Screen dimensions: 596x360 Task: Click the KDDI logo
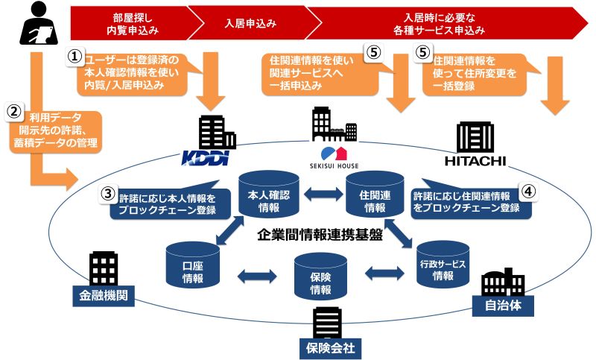(x=206, y=158)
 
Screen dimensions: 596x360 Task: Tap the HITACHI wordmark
(x=475, y=161)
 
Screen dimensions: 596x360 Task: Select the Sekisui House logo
(x=334, y=158)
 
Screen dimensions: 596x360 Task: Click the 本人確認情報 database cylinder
(x=269, y=194)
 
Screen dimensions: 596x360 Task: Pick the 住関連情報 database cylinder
(x=375, y=194)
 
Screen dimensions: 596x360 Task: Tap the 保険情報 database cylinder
(x=320, y=277)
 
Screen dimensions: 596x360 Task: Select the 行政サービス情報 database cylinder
(x=443, y=264)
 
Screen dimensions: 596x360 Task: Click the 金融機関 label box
(x=104, y=296)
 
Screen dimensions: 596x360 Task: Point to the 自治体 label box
(x=503, y=306)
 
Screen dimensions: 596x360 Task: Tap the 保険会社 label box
(x=330, y=348)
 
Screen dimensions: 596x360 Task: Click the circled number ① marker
(x=75, y=57)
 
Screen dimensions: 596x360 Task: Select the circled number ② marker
(x=14, y=112)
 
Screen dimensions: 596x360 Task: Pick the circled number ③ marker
(x=108, y=194)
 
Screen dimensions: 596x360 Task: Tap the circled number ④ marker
(x=529, y=192)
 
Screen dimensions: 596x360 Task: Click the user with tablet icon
(x=39, y=23)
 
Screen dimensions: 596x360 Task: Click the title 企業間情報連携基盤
(x=320, y=235)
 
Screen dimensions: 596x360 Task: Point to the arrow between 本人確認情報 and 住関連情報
(x=323, y=195)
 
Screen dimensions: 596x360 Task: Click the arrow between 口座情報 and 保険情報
(x=257, y=276)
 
